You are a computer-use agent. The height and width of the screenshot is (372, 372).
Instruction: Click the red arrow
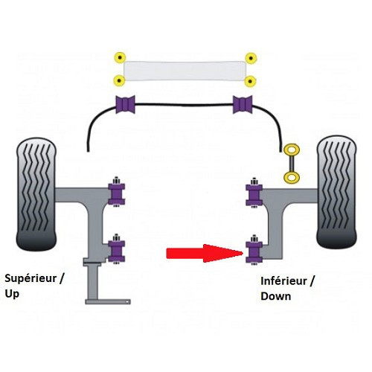click(x=204, y=253)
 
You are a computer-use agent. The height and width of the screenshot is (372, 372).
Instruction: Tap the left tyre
click(x=36, y=193)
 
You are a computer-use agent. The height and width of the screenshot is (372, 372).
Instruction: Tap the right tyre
click(x=337, y=192)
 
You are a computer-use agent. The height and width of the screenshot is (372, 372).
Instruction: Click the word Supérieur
click(x=31, y=278)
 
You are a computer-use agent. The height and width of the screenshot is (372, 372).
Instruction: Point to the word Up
click(x=12, y=295)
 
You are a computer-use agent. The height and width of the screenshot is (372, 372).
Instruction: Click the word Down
click(x=276, y=296)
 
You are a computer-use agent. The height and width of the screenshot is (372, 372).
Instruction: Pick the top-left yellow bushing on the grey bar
click(x=120, y=58)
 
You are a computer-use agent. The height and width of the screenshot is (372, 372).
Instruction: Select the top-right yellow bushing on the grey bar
click(x=251, y=58)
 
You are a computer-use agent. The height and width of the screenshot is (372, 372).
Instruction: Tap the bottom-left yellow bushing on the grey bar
click(x=119, y=80)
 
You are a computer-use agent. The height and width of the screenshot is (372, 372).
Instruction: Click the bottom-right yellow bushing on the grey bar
click(x=251, y=81)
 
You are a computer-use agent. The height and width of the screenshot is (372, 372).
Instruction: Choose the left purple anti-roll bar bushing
click(x=125, y=104)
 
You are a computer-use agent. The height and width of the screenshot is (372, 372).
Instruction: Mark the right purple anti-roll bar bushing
click(x=243, y=104)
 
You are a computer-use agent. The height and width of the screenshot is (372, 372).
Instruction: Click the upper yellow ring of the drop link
click(x=292, y=150)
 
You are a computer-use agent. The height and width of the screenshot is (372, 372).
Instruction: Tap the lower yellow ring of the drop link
click(x=292, y=178)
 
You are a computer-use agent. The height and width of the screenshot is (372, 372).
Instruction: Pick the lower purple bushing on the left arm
click(x=117, y=251)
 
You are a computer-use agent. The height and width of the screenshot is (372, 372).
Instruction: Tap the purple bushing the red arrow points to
click(x=254, y=252)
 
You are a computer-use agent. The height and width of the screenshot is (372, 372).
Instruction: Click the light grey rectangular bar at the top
click(x=185, y=71)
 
